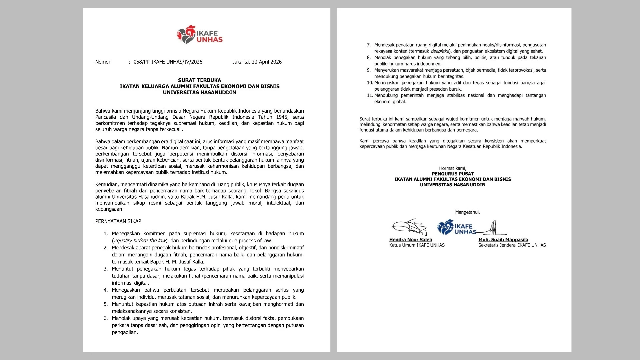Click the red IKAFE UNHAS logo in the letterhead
tap(200, 35)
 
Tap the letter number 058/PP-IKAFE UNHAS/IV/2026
tap(168, 62)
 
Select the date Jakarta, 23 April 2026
tap(257, 62)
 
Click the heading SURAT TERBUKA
tap(199, 80)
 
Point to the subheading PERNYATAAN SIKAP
tap(118, 221)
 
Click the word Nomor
tap(103, 62)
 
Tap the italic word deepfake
tap(440, 51)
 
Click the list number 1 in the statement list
tap(106, 234)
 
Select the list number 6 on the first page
tap(106, 318)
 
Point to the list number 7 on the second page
tap(369, 45)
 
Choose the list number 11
tap(369, 95)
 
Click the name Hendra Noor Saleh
tap(411, 240)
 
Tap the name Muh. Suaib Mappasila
tap(503, 240)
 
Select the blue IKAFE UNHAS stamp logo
tap(456, 228)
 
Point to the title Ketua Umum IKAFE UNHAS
tap(417, 245)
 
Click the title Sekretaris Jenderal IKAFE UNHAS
tap(512, 245)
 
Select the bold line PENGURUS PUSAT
tap(453, 174)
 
